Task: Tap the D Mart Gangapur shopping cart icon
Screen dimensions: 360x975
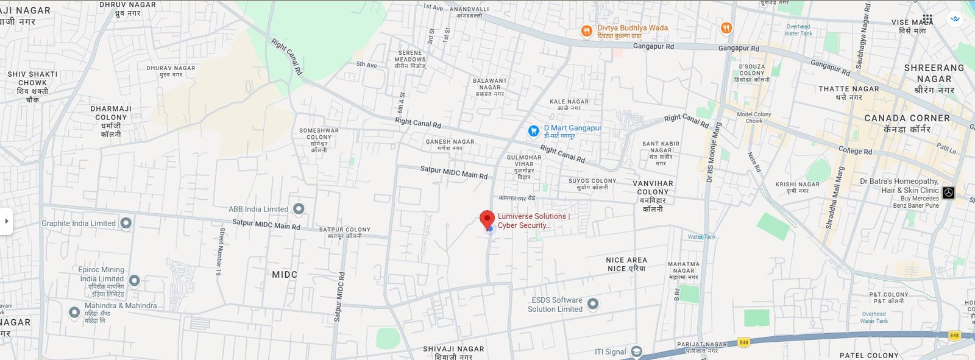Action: coord(533,131)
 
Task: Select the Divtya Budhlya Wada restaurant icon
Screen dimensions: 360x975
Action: coord(586,31)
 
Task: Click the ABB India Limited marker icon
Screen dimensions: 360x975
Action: coord(299,209)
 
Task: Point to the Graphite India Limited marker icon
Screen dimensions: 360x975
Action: coord(126,224)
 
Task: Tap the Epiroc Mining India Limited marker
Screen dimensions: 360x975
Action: coord(134,281)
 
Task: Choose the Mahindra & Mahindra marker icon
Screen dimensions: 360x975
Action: coord(74,312)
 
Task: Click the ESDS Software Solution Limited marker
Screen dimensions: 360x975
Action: coord(592,303)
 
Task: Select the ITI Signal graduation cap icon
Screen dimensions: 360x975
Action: coord(636,351)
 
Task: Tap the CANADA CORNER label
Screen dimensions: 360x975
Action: coord(907,118)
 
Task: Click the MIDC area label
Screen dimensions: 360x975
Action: coord(285,275)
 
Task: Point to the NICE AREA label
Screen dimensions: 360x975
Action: coord(626,260)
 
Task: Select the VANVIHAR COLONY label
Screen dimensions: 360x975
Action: coord(653,187)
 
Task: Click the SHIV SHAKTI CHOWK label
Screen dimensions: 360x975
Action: coord(33,78)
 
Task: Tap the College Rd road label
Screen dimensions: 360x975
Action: coord(855,150)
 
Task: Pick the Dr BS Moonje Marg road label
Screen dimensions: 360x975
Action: coord(714,153)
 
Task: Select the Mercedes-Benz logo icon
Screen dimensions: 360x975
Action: coord(948,192)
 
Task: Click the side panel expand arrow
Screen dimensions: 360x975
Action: coord(6,221)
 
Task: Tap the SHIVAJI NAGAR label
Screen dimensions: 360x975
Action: coord(453,349)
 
